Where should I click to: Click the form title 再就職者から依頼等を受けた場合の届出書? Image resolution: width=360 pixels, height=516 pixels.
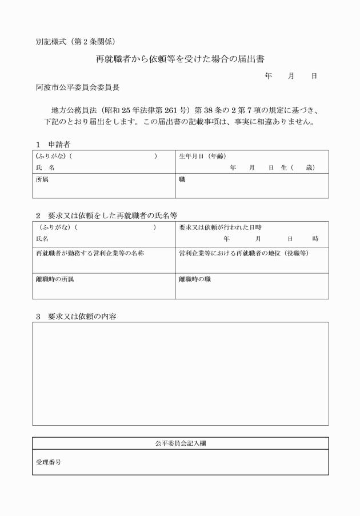pos(179,59)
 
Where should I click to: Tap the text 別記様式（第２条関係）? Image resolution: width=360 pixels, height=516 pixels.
pos(75,41)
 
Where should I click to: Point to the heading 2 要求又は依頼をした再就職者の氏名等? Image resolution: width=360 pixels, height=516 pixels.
pos(106,215)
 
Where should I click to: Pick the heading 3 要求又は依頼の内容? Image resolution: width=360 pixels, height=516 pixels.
pos(75,316)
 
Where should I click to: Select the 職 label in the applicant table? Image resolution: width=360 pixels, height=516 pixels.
pos(182,179)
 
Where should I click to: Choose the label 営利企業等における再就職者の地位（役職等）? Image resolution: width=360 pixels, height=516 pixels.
pos(243,253)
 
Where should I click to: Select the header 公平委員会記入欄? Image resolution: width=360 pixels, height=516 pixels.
pos(180,443)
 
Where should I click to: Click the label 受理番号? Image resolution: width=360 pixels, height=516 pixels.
pos(49,462)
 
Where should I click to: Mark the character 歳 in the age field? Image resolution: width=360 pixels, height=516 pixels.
pos(309,167)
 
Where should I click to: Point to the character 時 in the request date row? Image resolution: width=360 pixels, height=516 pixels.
pos(315,238)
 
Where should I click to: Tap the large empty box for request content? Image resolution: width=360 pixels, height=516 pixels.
pos(180,374)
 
